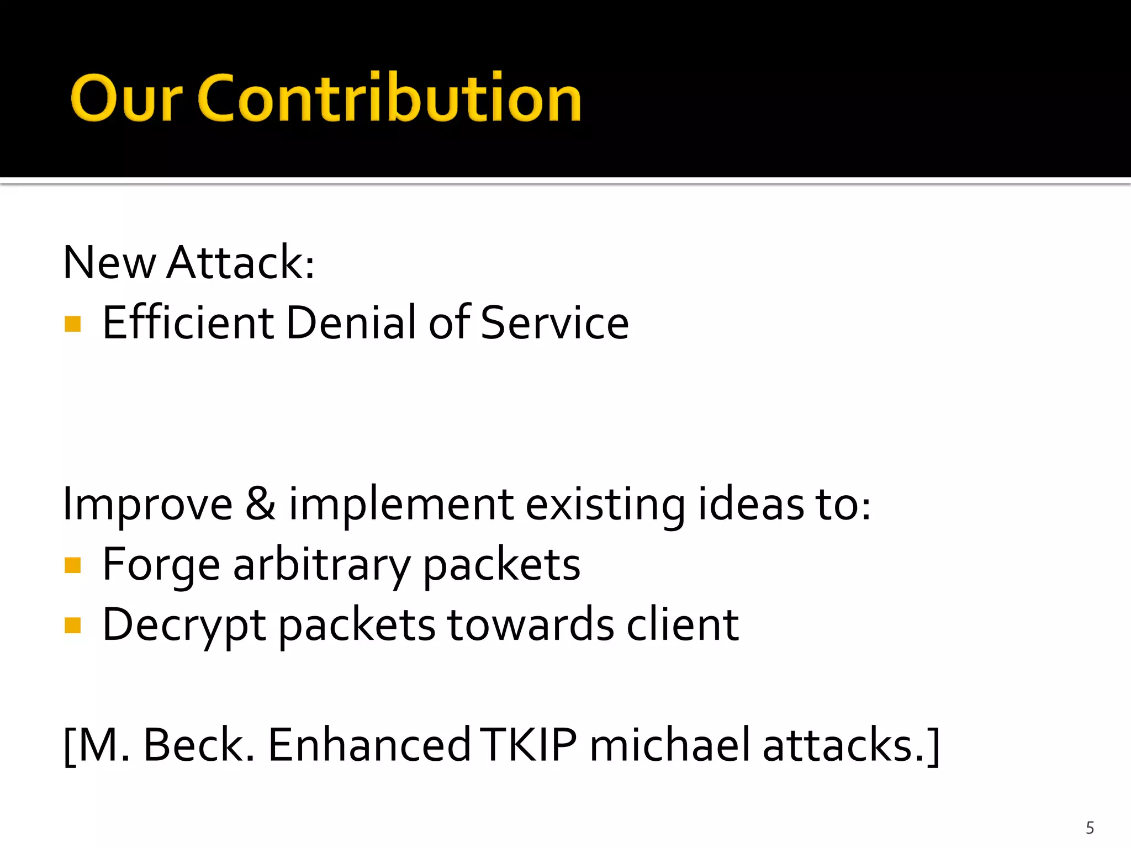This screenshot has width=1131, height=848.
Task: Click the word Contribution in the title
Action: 389,98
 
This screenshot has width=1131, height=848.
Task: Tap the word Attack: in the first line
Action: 241,263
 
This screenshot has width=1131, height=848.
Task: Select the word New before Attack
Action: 109,263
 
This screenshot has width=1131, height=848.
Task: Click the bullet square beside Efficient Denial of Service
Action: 73,324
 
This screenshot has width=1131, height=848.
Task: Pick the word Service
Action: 554,323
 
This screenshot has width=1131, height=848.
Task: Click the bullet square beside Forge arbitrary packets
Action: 73,565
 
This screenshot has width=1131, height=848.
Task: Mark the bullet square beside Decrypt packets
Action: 73,626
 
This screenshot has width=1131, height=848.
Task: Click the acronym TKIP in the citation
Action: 528,745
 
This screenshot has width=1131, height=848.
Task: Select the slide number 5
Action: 1090,828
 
